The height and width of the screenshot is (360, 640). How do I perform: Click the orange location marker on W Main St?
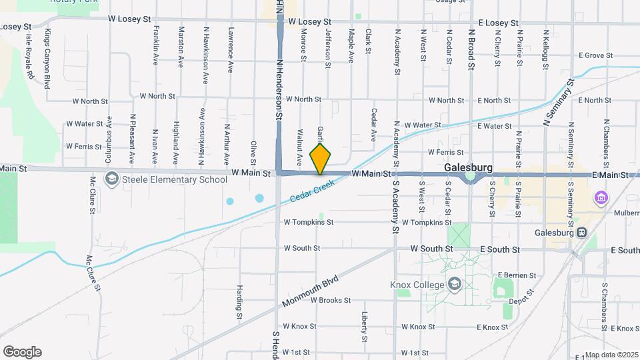pyautogui.click(x=321, y=159)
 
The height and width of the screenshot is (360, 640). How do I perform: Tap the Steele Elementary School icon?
pyautogui.click(x=111, y=179)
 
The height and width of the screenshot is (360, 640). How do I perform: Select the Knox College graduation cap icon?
pyautogui.click(x=455, y=284)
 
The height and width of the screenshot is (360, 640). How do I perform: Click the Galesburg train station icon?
pyautogui.click(x=582, y=233)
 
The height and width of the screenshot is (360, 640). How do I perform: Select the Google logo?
pyautogui.click(x=22, y=351)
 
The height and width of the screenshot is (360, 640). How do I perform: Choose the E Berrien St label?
pyautogui.click(x=517, y=275)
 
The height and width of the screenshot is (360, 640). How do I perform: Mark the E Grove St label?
pyautogui.click(x=595, y=55)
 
